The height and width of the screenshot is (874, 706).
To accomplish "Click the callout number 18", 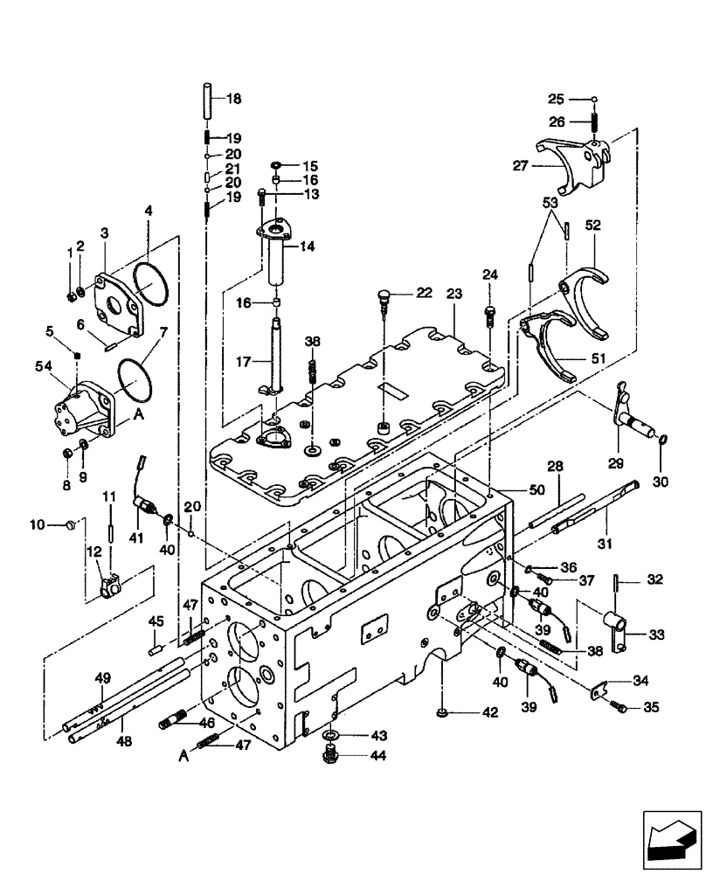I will [234, 100].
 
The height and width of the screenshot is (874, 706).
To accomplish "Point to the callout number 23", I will [454, 295].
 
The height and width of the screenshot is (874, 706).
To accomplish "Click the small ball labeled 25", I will [593, 99].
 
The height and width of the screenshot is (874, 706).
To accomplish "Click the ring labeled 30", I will [662, 439].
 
